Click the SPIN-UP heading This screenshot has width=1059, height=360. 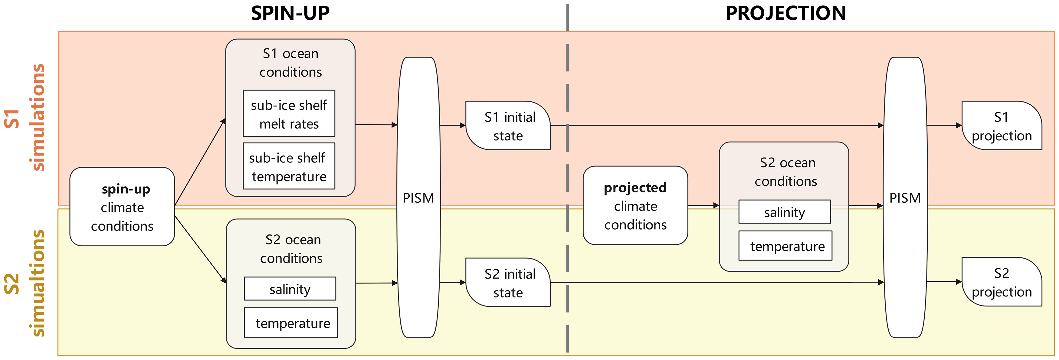(290, 14)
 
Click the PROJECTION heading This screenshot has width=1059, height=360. (785, 14)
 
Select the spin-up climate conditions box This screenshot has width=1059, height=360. (122, 207)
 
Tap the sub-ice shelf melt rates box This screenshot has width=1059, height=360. (289, 114)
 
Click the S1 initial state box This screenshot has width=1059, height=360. (509, 126)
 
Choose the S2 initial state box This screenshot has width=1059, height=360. (509, 283)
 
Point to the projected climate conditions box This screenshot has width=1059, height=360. (635, 205)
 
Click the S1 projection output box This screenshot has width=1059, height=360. (1002, 126)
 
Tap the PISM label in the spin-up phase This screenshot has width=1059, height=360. (418, 198)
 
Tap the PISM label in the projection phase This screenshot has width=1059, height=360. (905, 198)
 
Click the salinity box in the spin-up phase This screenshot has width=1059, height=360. (290, 289)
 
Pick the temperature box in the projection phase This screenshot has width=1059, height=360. (785, 246)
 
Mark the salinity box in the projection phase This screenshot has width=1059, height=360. (784, 212)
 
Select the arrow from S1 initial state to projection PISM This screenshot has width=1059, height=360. (715, 125)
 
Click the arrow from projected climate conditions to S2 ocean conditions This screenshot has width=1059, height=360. (703, 205)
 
